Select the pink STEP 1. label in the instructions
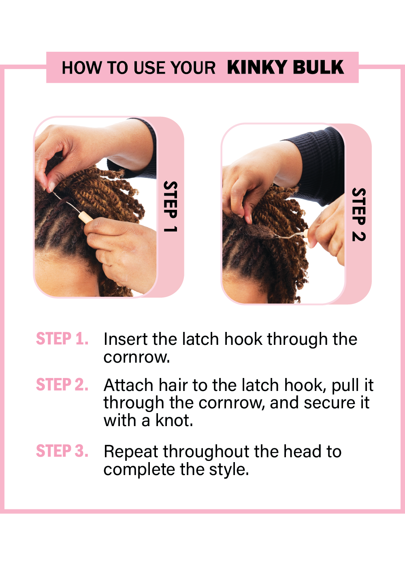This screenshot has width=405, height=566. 62,339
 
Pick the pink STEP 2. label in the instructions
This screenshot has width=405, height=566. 62,384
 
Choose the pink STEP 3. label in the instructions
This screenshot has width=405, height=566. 62,451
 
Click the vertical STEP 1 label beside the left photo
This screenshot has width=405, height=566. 171,207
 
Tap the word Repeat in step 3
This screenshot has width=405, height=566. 131,452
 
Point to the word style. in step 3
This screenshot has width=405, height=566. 229,470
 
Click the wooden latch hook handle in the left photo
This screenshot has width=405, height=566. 85,218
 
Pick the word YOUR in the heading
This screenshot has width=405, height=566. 193,68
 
